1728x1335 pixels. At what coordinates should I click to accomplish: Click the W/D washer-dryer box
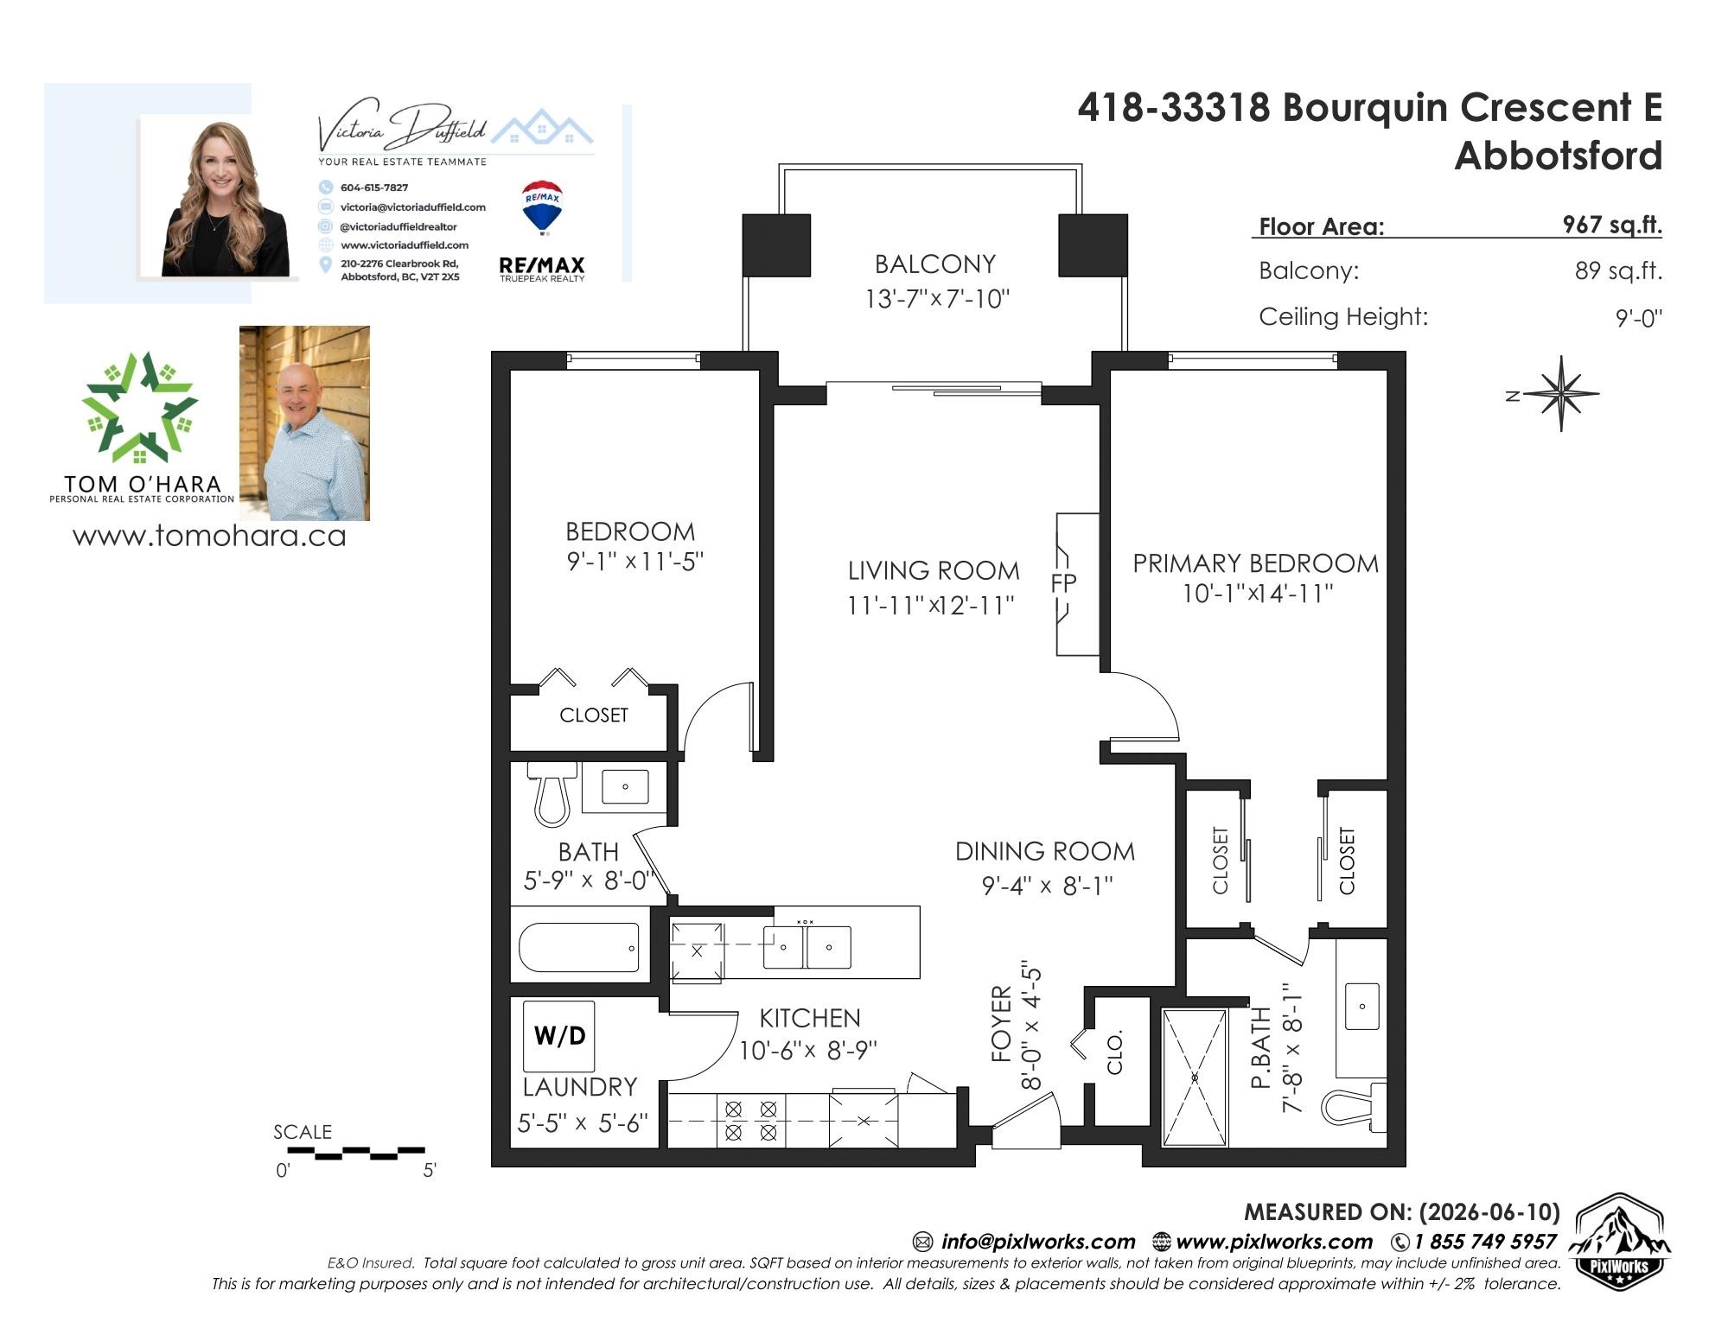[558, 1035]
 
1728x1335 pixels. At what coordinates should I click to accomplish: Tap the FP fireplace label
[1063, 583]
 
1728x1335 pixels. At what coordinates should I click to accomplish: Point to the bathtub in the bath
[579, 947]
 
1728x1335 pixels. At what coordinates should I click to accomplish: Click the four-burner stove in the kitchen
[750, 1121]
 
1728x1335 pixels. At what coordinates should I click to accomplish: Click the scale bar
[355, 1153]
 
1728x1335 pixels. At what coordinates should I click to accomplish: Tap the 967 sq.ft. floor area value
[1611, 225]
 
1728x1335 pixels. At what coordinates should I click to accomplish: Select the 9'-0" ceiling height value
[1638, 318]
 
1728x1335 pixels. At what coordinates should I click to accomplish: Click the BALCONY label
[934, 264]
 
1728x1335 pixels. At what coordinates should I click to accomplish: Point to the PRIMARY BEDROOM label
[1255, 563]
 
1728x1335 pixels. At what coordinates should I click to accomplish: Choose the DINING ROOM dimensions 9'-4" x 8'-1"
[1047, 886]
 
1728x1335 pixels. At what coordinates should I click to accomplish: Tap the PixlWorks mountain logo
[1619, 1243]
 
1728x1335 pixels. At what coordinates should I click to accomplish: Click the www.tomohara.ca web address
[209, 536]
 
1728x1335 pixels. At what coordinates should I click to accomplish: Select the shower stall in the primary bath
[1195, 1077]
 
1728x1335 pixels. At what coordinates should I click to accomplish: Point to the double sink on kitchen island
[807, 946]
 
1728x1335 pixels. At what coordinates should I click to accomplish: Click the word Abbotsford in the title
[1558, 156]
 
